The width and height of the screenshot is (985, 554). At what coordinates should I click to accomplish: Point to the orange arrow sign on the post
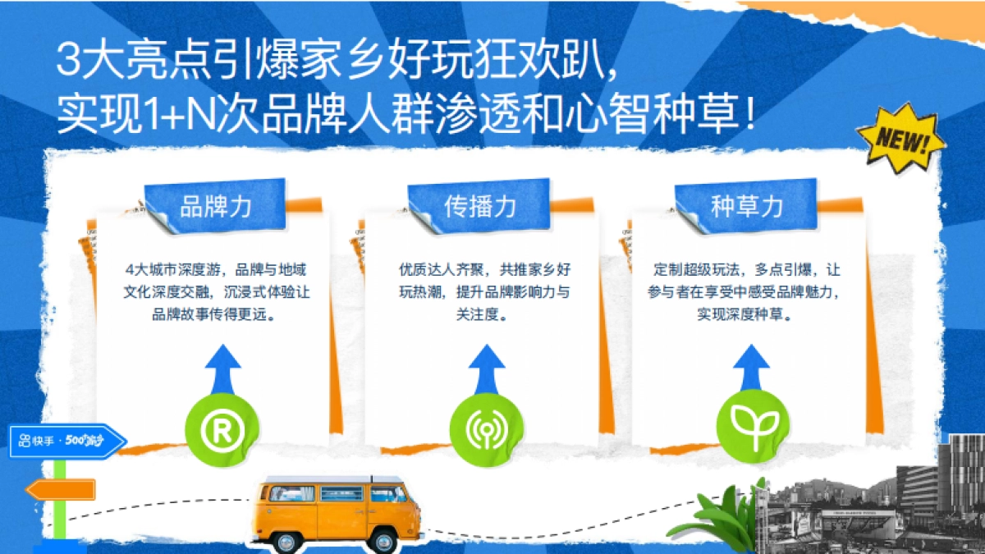[x=61, y=490]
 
